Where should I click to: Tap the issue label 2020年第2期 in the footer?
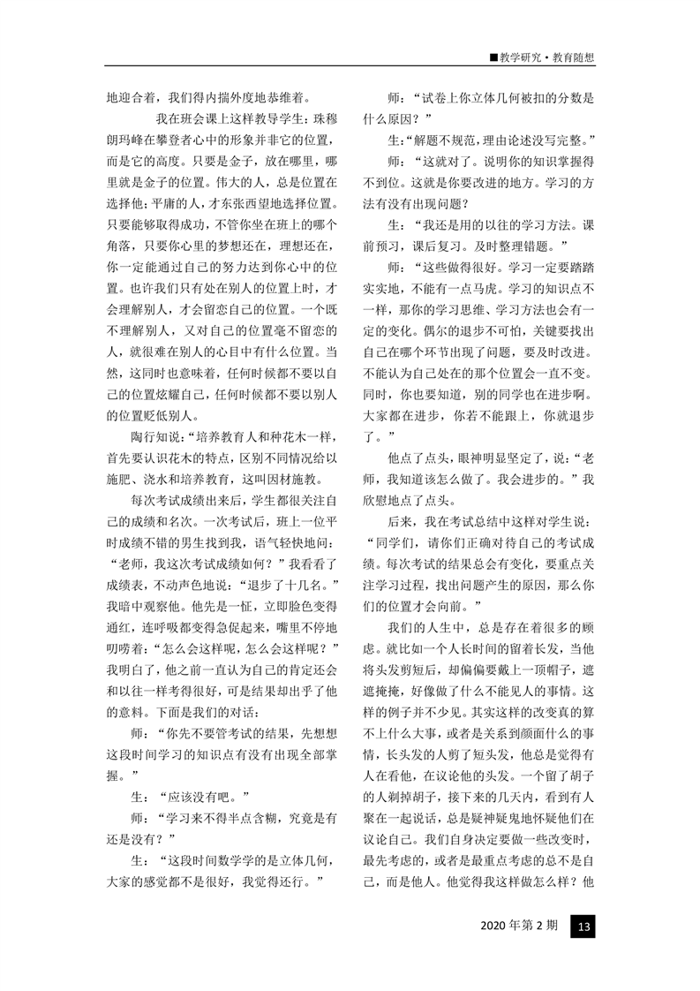point(519,927)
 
